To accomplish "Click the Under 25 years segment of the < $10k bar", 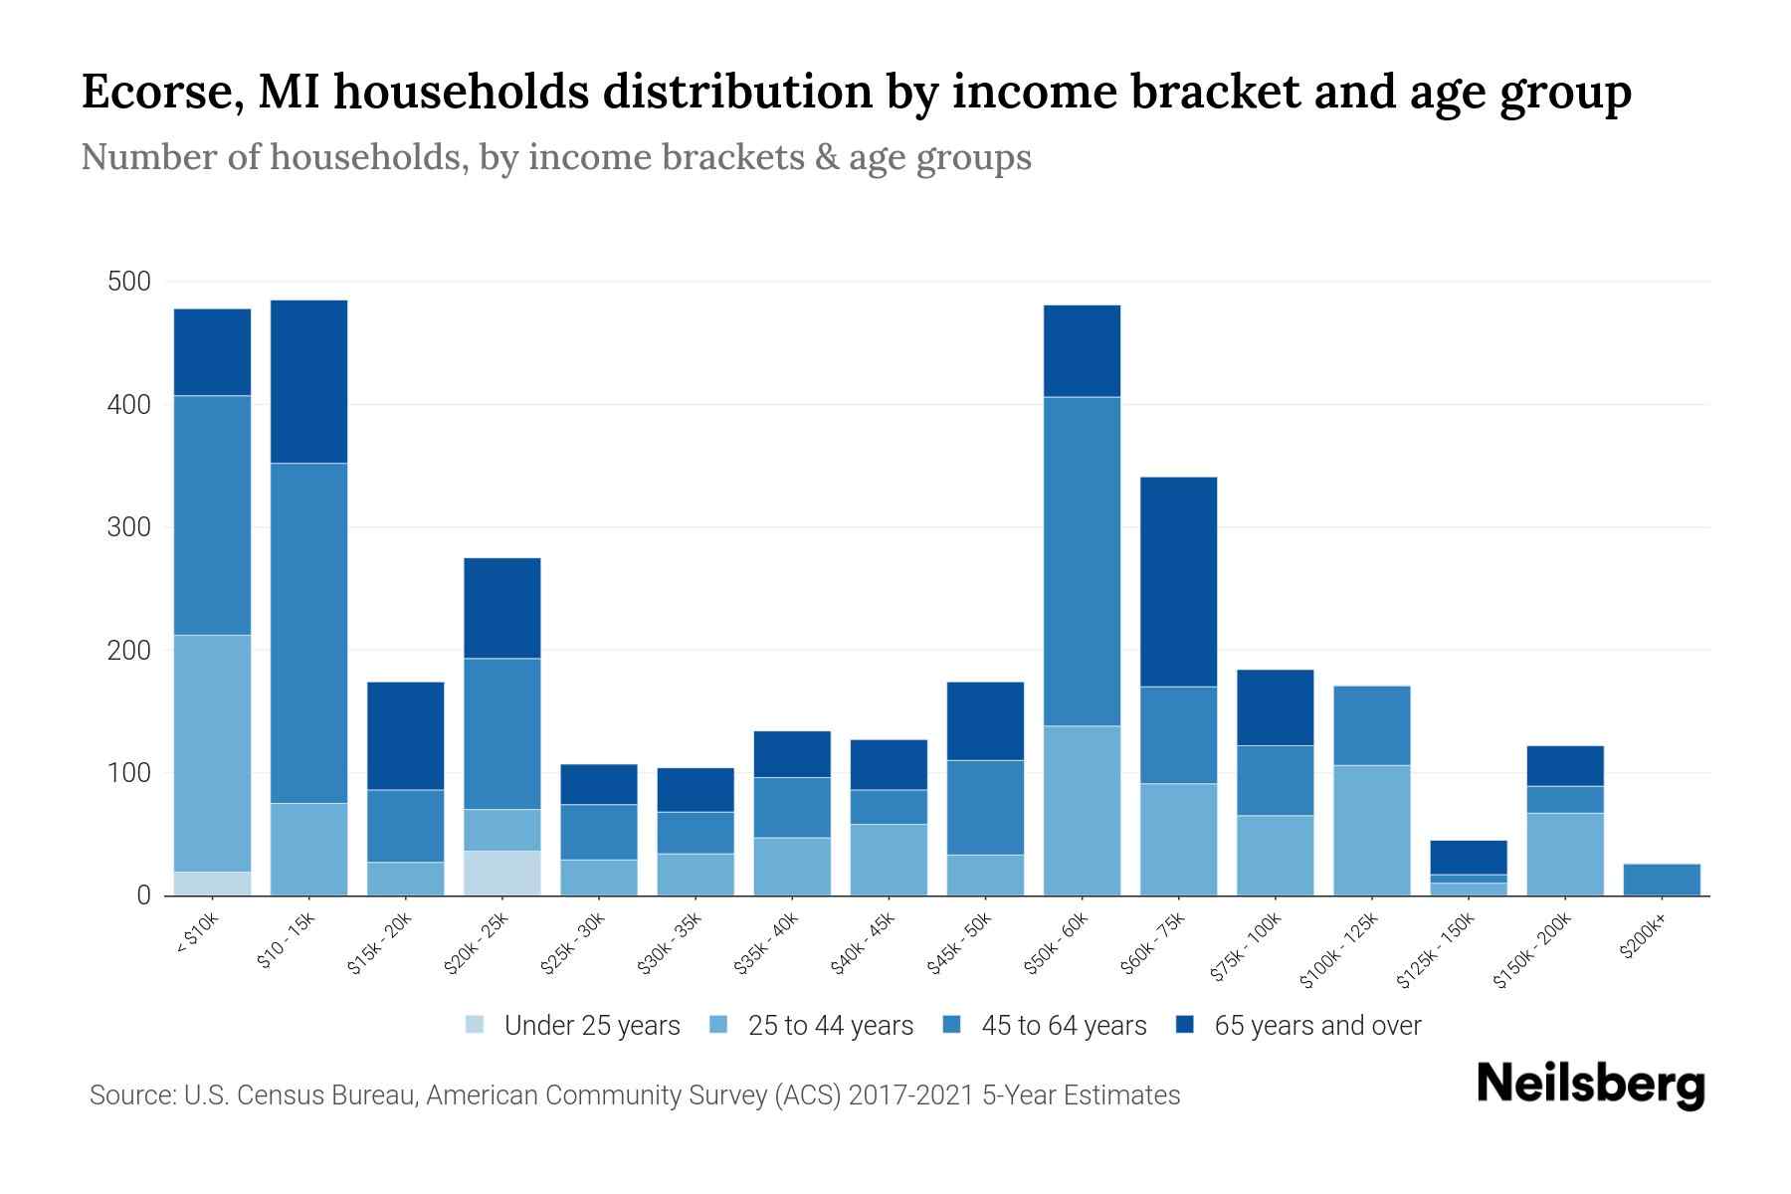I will tap(212, 884).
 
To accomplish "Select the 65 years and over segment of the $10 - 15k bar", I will tap(308, 381).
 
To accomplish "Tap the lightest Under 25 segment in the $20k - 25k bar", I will tap(502, 873).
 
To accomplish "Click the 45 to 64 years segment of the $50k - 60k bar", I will tap(1082, 561).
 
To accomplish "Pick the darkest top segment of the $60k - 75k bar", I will tap(1178, 582).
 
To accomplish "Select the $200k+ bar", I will tap(1661, 880).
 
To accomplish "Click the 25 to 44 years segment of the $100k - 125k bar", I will tap(1371, 830).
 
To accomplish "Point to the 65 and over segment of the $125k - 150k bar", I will tap(1468, 857).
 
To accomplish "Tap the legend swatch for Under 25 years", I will tap(476, 1025).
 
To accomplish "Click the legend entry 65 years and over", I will tap(1317, 1026).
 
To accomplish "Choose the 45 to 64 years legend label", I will tap(1064, 1026).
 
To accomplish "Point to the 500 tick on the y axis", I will tap(129, 282).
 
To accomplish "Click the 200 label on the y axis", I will tap(129, 650).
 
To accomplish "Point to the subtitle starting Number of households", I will tap(555, 157).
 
